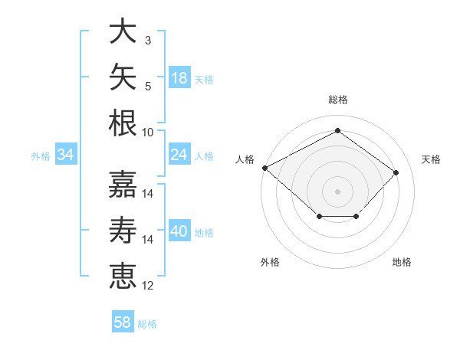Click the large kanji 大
123,31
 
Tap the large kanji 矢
123,77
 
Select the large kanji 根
123,123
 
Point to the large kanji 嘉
123,184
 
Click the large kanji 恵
123,276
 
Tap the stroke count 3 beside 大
148,41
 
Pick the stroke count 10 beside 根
147,133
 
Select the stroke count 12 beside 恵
147,286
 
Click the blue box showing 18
179,77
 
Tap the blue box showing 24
179,154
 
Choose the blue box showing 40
179,230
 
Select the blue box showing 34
66,154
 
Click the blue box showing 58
123,321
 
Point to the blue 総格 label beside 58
147,324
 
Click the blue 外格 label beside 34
41,156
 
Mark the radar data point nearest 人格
265,168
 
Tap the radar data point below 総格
337,130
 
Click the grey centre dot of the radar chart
337,191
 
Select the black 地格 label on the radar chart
402,262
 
